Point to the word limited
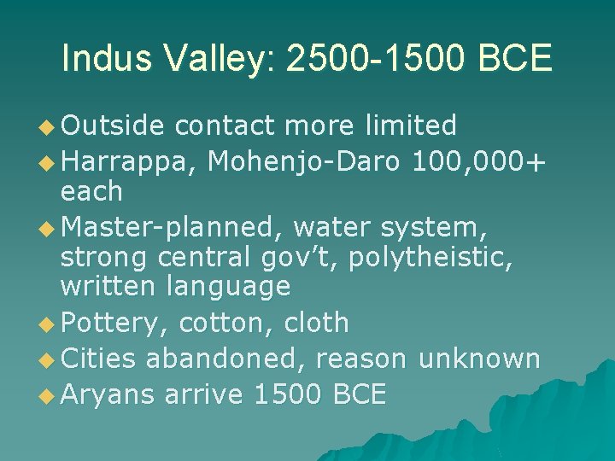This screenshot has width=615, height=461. click(409, 125)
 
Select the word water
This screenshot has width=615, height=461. click(334, 227)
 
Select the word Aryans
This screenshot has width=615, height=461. click(108, 394)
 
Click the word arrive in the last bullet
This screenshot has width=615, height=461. click(205, 394)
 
